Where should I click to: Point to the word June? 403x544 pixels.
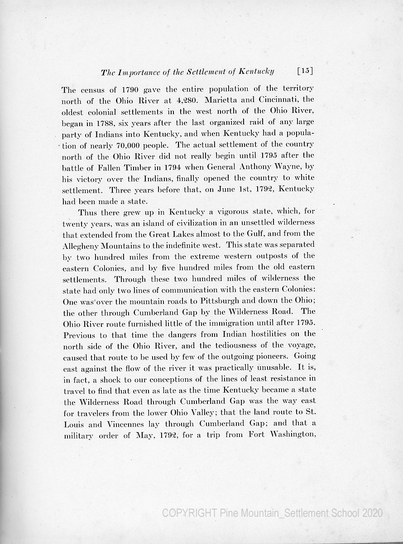239,189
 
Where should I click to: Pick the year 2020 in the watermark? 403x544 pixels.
372,513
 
